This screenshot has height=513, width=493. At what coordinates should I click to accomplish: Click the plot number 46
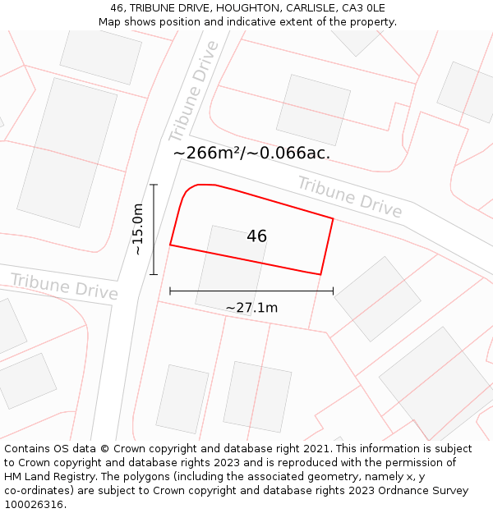point(256,236)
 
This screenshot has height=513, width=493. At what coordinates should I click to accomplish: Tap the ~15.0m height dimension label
point(138,229)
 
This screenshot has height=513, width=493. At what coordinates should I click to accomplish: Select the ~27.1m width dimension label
point(251,308)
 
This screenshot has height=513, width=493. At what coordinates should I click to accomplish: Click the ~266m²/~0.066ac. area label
point(251,153)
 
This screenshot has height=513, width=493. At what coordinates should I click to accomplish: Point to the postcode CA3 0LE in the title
point(363,8)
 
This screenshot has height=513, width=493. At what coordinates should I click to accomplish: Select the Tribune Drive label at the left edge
point(64,286)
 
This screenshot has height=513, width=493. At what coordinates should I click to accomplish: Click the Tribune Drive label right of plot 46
point(350,197)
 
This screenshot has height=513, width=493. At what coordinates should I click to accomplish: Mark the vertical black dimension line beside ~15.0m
point(154,229)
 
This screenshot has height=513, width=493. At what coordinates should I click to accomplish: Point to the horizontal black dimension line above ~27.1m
point(251,291)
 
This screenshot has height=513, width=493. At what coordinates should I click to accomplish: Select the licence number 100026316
point(34,505)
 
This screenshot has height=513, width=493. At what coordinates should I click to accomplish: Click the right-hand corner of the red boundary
point(333,218)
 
